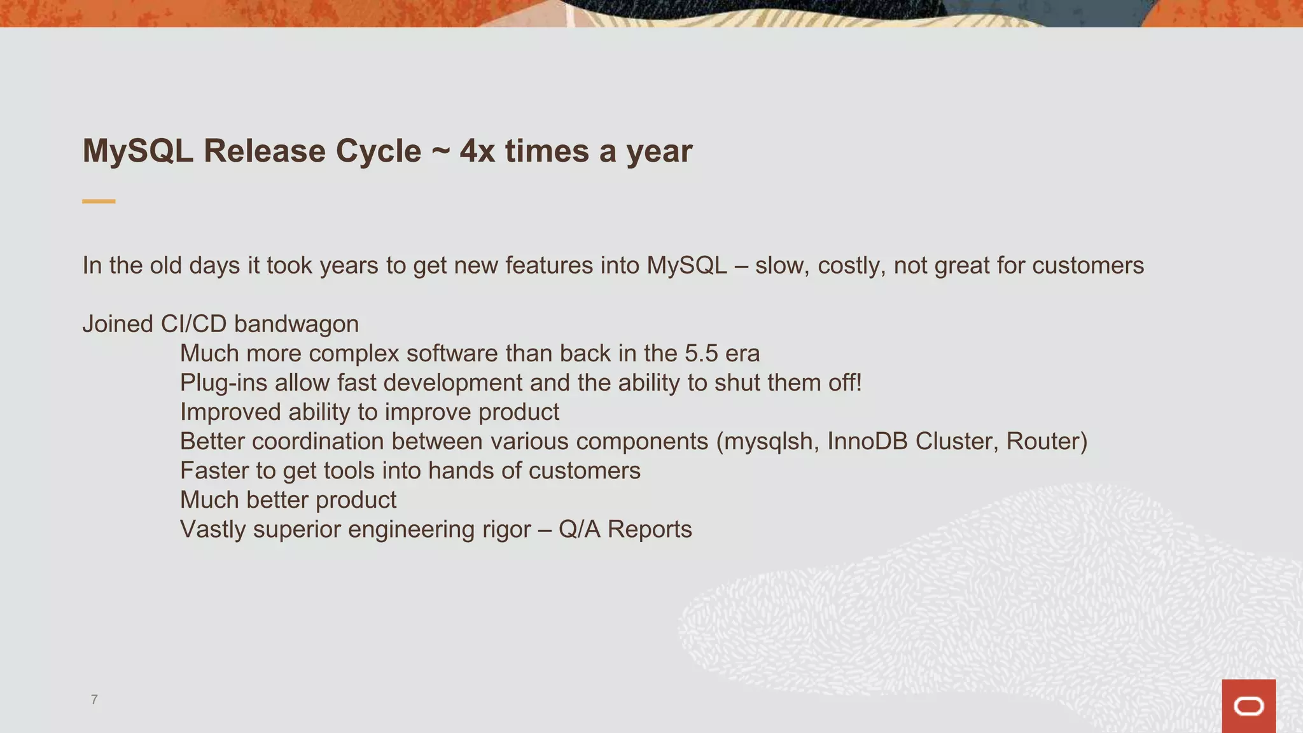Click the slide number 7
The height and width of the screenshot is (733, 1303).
pos(94,699)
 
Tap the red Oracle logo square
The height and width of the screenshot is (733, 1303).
pos(1248,706)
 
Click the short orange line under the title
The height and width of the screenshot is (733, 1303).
pos(99,201)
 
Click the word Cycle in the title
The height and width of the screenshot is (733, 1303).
pos(378,151)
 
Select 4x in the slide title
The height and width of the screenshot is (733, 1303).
pos(477,151)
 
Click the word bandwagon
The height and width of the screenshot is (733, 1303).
pos(296,324)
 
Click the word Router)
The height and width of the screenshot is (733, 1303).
pos(1047,442)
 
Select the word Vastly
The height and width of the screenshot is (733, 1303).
pos(213,529)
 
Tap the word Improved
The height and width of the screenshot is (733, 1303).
pos(230,412)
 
